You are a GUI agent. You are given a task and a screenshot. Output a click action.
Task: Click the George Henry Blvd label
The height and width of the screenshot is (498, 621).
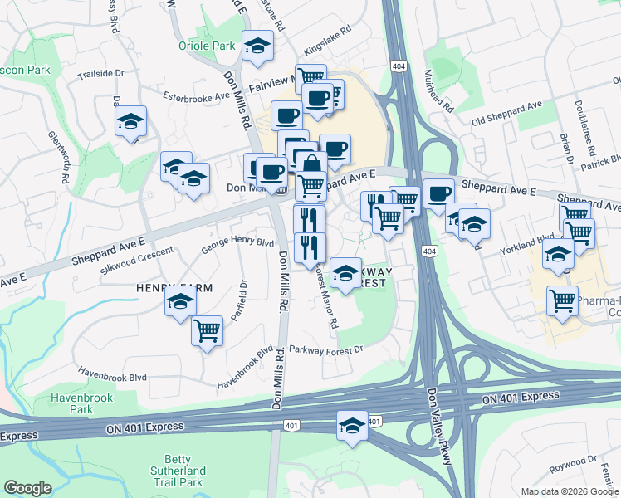(x=237, y=243)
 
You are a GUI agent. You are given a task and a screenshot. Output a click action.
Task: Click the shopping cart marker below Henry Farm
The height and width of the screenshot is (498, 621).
(x=207, y=331)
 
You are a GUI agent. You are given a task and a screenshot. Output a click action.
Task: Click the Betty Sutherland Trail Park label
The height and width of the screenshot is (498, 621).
(x=178, y=471)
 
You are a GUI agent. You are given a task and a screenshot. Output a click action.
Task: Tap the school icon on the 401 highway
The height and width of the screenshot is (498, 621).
(x=353, y=427)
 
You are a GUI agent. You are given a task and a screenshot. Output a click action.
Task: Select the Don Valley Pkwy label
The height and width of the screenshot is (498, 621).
(x=440, y=423)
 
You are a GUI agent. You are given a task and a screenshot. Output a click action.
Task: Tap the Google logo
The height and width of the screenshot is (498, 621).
(x=27, y=488)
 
